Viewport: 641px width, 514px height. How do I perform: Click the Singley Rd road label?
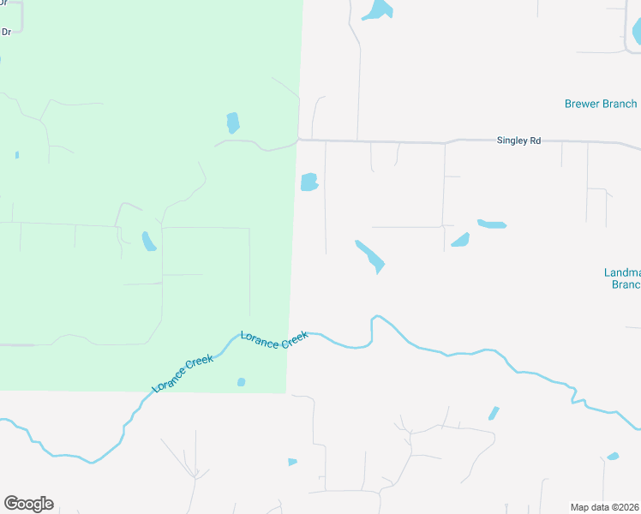pos(518,140)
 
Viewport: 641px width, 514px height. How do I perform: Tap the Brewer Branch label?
pos(600,105)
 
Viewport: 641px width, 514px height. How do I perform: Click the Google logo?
pos(28,504)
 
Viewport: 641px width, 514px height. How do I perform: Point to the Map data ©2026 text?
pos(604,507)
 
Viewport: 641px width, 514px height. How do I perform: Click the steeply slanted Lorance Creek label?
pos(182,374)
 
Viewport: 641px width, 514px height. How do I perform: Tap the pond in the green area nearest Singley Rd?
pos(233,123)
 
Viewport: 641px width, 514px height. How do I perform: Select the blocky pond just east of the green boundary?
pos(309,182)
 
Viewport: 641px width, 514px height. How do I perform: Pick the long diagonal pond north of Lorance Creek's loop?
pos(370,256)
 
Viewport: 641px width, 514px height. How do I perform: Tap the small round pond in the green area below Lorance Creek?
pos(241,382)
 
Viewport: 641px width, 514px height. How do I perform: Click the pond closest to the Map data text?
pos(613,457)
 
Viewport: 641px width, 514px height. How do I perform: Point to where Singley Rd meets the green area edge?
pos(297,140)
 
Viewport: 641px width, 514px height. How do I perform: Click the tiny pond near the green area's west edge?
pos(16,155)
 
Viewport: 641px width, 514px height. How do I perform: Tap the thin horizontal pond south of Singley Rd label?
pos(492,224)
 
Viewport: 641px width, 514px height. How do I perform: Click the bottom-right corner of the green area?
pos(286,393)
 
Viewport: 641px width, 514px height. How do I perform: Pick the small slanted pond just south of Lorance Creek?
pos(494,413)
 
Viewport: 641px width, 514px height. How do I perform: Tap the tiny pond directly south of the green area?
pos(292,462)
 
